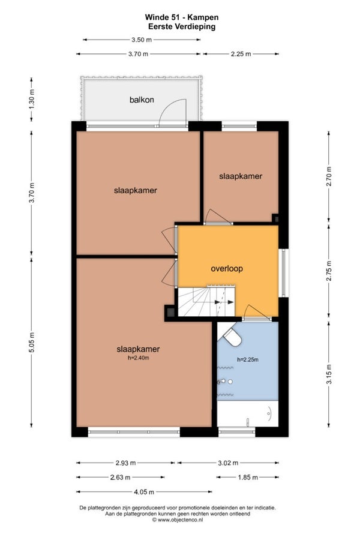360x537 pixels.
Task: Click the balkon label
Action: pyautogui.click(x=142, y=100)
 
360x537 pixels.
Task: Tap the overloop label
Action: pyautogui.click(x=227, y=269)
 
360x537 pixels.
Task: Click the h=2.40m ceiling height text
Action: pyautogui.click(x=139, y=358)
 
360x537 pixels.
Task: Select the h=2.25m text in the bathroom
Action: pyautogui.click(x=248, y=359)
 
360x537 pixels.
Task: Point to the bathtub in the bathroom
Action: pyautogui.click(x=248, y=414)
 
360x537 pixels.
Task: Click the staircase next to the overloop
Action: pyautogui.click(x=206, y=302)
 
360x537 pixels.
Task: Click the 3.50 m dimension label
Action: pyautogui.click(x=142, y=40)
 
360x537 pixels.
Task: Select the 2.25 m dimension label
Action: pyautogui.click(x=241, y=54)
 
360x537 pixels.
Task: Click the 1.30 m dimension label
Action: pyautogui.click(x=32, y=99)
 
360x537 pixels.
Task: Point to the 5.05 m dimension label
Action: pyautogui.click(x=32, y=342)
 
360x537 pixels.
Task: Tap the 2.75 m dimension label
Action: pyautogui.click(x=329, y=271)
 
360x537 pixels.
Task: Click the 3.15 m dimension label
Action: pyautogui.click(x=329, y=374)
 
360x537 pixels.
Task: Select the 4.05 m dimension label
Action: pyautogui.click(x=143, y=492)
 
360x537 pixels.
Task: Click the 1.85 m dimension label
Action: pyautogui.click(x=248, y=477)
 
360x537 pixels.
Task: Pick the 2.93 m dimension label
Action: pyautogui.click(x=125, y=463)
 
